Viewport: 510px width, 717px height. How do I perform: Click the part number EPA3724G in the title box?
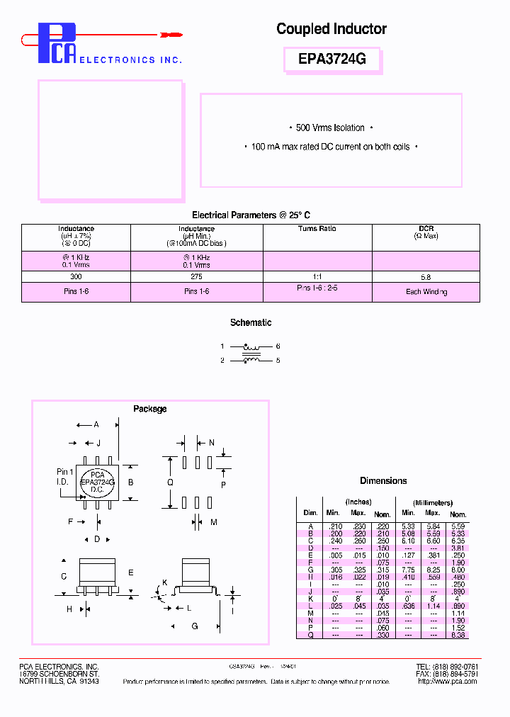click(331, 60)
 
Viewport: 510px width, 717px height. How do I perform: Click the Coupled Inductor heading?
click(331, 29)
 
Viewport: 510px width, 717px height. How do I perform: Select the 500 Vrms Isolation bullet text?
click(330, 128)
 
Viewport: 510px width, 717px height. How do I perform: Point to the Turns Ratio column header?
click(317, 229)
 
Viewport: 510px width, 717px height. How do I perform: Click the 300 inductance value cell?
click(76, 277)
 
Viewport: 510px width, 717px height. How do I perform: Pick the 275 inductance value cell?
click(196, 277)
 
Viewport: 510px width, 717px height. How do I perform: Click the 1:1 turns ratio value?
click(317, 277)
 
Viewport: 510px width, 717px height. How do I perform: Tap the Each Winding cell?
click(426, 292)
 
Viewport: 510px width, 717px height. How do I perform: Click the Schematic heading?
click(251, 322)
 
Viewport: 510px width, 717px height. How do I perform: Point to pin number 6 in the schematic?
click(278, 346)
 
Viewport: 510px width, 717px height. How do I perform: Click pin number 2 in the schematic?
click(222, 361)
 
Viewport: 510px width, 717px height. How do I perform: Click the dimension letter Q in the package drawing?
click(170, 482)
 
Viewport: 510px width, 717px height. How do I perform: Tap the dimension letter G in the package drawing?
click(194, 626)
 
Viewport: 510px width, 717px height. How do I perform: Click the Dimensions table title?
click(383, 480)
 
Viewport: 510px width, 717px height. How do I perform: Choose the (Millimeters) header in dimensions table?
click(432, 502)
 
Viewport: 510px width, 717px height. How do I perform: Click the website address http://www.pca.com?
click(447, 681)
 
